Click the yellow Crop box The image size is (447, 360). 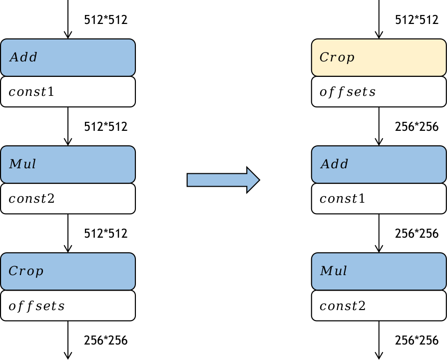[379, 57]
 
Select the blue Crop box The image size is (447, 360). [68, 271]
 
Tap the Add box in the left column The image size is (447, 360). [68, 57]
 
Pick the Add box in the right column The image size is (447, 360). [379, 164]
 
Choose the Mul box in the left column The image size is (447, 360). [68, 164]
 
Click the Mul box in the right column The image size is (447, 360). [379, 271]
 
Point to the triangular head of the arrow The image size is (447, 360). [252, 180]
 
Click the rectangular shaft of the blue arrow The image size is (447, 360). [217, 180]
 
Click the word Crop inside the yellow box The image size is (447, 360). [337, 58]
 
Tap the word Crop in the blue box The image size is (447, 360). [26, 272]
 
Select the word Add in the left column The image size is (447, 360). [23, 57]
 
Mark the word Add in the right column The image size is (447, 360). [334, 164]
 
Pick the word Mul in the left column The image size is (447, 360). [22, 164]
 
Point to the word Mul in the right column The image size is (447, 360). [333, 271]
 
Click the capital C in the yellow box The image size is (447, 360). [324, 57]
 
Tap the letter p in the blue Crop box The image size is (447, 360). [39, 273]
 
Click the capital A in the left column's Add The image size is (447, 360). [13, 57]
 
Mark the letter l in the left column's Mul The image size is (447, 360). [34, 164]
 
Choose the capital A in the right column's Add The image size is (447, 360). [325, 164]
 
